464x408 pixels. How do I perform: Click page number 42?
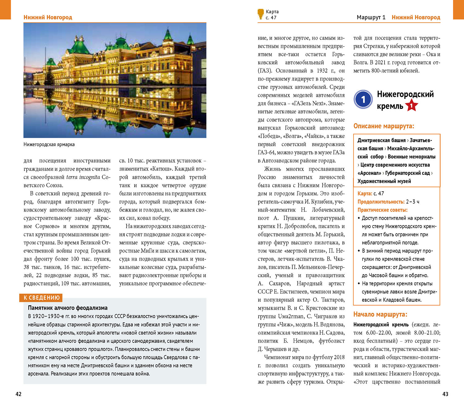click(19, 394)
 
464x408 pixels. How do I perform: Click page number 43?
click(445, 394)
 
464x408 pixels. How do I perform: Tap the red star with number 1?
click(411, 106)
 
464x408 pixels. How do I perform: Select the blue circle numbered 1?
click(363, 99)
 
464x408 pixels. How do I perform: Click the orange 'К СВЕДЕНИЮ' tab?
click(41, 298)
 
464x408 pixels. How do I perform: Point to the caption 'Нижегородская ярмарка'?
click(49, 144)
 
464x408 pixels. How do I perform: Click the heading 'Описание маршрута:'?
click(384, 126)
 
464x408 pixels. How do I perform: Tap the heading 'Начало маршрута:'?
click(380, 314)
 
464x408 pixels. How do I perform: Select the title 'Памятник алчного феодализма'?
click(68, 308)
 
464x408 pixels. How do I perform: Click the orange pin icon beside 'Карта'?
click(260, 14)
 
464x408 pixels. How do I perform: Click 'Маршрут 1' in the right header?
click(371, 17)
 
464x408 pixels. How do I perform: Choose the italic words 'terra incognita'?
click(83, 177)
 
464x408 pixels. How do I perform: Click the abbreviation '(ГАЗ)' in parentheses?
click(265, 70)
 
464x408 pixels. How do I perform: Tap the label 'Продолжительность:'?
click(381, 202)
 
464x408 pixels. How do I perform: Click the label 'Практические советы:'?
click(382, 210)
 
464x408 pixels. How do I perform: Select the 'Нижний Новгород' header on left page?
click(48, 17)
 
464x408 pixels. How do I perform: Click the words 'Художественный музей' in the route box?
click(384, 181)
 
